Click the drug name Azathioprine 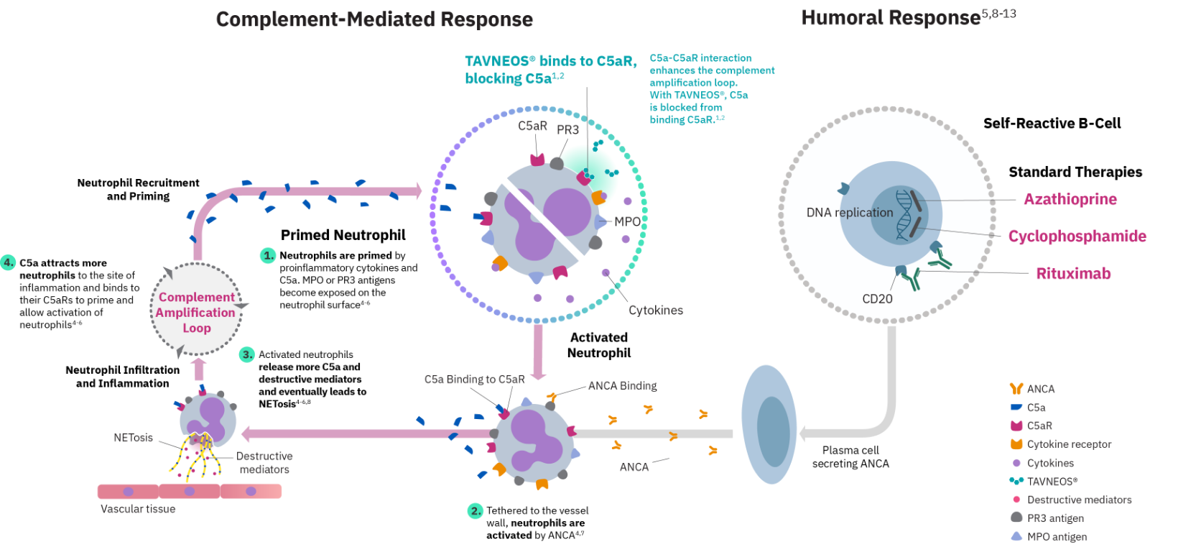[1070, 200]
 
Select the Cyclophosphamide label [1077, 236]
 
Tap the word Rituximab [1073, 274]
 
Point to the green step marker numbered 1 [268, 255]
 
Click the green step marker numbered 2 [476, 511]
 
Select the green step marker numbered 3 [246, 354]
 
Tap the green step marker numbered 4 [8, 262]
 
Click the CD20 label [877, 299]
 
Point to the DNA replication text [849, 213]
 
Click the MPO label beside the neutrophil [627, 222]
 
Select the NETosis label [133, 438]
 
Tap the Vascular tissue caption [138, 509]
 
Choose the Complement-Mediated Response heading [374, 19]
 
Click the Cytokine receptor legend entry [1068, 445]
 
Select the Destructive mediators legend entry [1078, 500]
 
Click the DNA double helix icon [904, 214]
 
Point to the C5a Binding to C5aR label [474, 380]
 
